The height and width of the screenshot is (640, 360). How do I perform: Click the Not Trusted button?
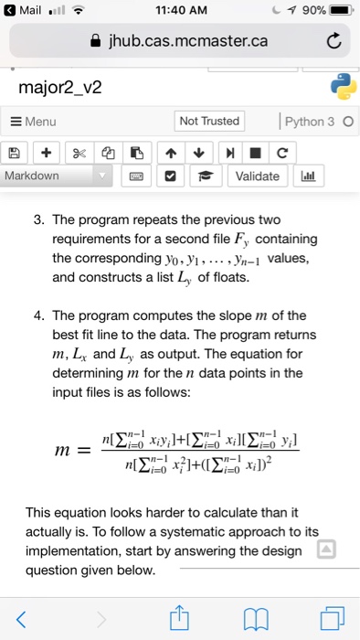[209, 122]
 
